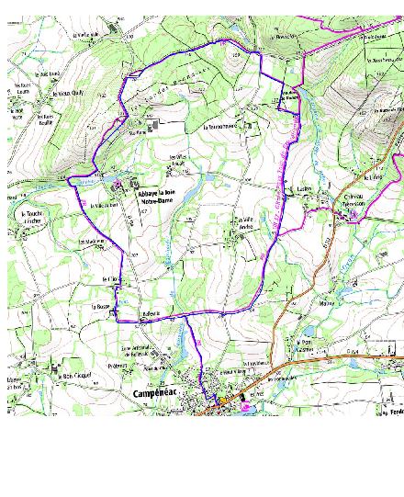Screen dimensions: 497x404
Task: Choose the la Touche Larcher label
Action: tap(28, 218)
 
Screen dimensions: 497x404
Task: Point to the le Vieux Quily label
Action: tap(67, 92)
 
